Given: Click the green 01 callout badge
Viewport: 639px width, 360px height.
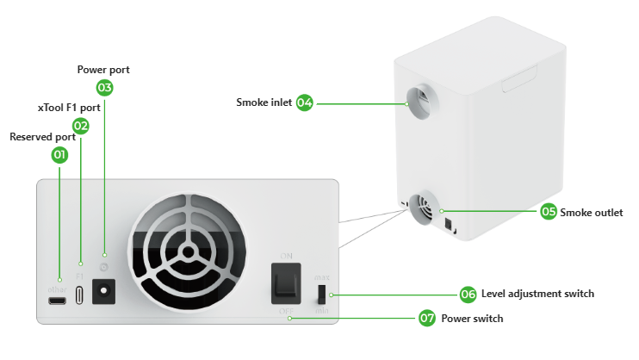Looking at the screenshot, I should pyautogui.click(x=59, y=155).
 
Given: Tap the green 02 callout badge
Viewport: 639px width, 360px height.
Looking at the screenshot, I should pyautogui.click(x=81, y=125).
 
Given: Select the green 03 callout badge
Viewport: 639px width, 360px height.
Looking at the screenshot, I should pyautogui.click(x=104, y=87).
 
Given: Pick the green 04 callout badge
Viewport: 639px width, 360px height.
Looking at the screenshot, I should pyautogui.click(x=304, y=102).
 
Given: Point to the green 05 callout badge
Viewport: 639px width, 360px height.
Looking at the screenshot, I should pyautogui.click(x=549, y=212).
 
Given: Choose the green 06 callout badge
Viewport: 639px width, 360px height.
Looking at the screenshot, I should pyautogui.click(x=468, y=295).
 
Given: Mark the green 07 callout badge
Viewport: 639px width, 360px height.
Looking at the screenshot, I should pyautogui.click(x=427, y=319).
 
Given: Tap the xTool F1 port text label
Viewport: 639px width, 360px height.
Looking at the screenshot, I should pyautogui.click(x=69, y=108).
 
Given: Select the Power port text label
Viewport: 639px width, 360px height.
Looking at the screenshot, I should pyautogui.click(x=103, y=69).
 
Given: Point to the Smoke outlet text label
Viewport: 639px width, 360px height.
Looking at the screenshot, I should pyautogui.click(x=591, y=212).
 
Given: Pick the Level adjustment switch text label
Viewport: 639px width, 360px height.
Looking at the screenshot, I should pyautogui.click(x=537, y=295).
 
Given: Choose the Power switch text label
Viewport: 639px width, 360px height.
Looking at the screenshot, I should pyautogui.click(x=472, y=319).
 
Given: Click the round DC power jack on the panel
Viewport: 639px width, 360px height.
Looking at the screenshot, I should pyautogui.click(x=106, y=294).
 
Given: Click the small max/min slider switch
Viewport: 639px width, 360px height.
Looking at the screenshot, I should pyautogui.click(x=322, y=293).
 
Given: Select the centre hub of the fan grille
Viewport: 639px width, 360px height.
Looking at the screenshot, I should pyautogui.click(x=186, y=257).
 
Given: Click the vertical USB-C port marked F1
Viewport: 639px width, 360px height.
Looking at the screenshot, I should pyautogui.click(x=80, y=293).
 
